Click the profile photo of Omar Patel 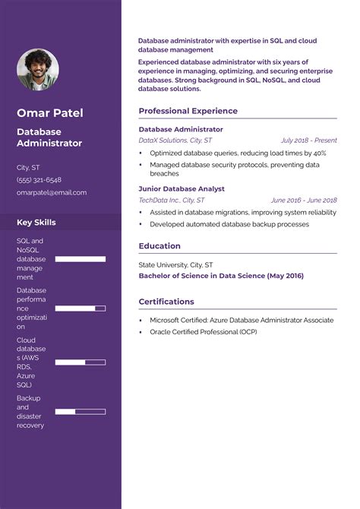pos(38,70)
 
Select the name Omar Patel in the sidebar pos(50,113)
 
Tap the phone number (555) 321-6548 pos(39,180)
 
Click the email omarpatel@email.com pos(52,193)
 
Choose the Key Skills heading pos(36,223)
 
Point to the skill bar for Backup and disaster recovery pos(80,412)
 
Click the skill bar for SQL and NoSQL pos(80,259)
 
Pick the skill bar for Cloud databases pos(80,362)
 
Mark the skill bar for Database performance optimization pos(80,308)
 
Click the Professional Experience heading pos(188,111)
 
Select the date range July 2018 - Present pos(308,141)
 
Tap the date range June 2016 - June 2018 pos(303,200)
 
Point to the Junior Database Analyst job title pos(182,188)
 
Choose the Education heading pos(159,246)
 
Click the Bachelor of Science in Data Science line pos(221,276)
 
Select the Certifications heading pos(166,302)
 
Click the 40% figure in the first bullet pos(318,153)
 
